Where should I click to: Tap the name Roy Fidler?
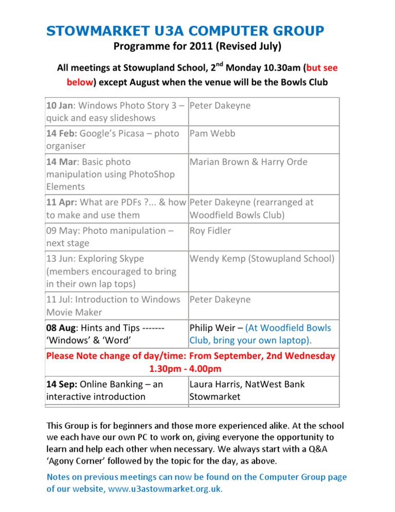tap(210, 230)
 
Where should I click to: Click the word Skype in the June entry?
tap(131, 259)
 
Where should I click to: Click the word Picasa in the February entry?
tap(135, 133)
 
